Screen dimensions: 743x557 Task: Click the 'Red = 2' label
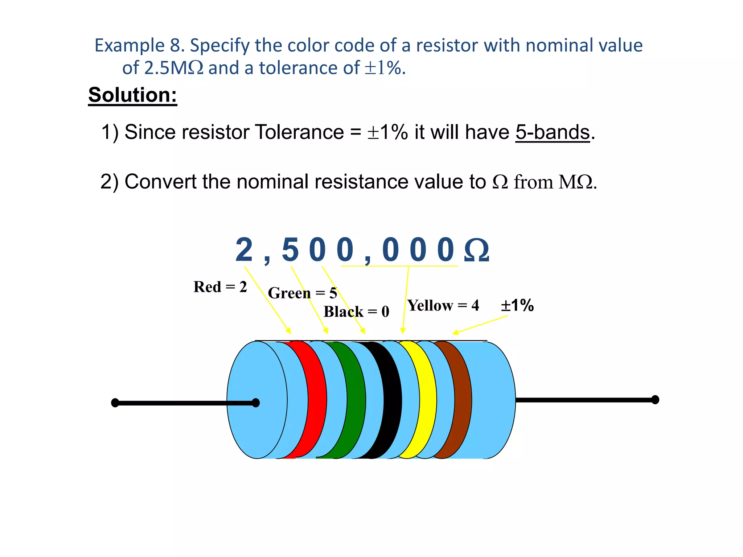coord(220,287)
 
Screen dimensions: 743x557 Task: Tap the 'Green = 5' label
coord(303,293)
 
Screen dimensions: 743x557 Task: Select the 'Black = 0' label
coord(356,311)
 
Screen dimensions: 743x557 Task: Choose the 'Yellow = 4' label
coord(443,305)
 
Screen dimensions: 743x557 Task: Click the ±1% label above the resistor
coord(517,305)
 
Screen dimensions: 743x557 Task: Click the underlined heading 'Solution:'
coord(132,95)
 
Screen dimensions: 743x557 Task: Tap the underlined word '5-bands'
coord(553,132)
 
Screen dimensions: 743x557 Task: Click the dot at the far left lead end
coord(115,403)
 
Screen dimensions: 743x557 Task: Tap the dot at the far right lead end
coord(655,400)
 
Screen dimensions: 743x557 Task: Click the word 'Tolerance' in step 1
coord(299,132)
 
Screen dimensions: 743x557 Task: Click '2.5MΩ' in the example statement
coord(173,68)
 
